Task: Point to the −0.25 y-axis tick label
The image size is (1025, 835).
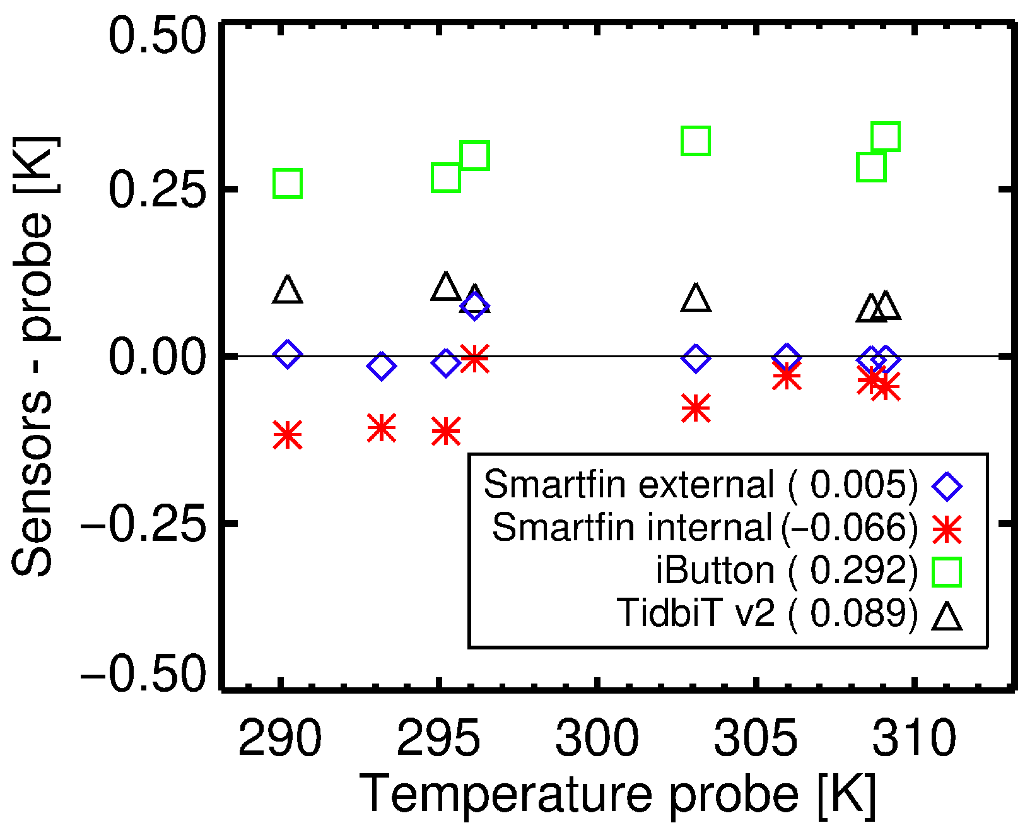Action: (143, 523)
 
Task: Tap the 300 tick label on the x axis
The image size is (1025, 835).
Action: (597, 738)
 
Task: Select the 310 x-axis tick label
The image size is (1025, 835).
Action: (913, 738)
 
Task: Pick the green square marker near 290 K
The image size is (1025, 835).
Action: (288, 184)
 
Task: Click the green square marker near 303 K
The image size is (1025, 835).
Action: (696, 141)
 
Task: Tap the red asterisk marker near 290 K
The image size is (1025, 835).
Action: (288, 435)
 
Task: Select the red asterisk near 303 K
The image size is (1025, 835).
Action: (696, 408)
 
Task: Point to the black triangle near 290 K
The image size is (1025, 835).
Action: (288, 290)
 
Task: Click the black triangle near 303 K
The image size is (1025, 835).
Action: (696, 299)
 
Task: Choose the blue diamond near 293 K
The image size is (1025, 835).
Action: (381, 366)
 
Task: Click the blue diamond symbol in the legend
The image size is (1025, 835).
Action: (947, 486)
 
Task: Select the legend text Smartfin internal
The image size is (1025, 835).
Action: (631, 527)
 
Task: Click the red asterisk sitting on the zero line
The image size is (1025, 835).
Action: (474, 359)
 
